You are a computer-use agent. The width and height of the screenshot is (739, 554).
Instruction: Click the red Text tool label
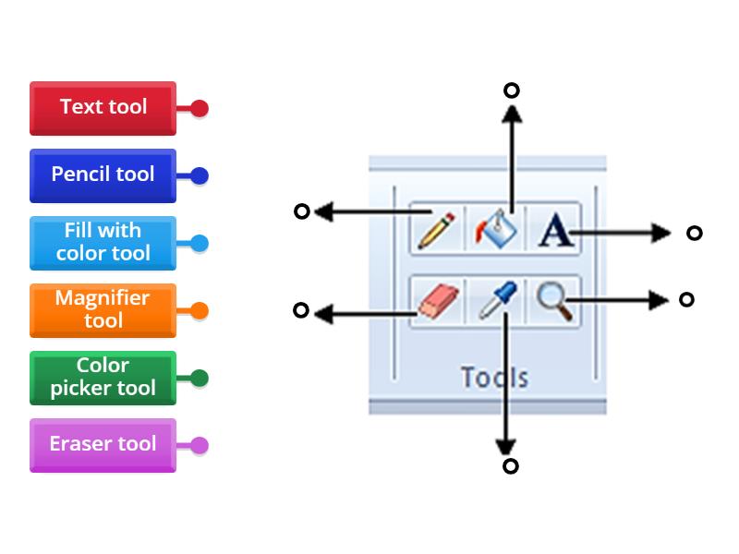[x=103, y=107]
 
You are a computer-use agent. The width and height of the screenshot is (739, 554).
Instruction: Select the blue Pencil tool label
[x=103, y=175]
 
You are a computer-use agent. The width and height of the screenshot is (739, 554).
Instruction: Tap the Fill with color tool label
[x=103, y=242]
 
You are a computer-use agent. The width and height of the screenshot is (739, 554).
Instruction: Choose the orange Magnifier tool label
[x=103, y=309]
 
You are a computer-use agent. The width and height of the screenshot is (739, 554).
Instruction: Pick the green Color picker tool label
[x=103, y=377]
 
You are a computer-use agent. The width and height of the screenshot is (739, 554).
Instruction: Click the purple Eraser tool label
[x=103, y=444]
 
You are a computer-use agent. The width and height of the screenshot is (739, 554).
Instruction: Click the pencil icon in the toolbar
[x=436, y=229]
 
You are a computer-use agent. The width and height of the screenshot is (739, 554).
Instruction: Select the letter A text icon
[x=554, y=229]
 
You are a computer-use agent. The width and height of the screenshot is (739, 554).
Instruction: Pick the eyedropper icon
[x=497, y=301]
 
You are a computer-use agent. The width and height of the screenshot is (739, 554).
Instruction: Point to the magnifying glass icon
[x=554, y=300]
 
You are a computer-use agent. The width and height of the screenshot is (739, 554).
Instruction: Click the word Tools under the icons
[x=494, y=377]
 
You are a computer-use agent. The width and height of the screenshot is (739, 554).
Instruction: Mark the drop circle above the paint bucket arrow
[x=511, y=90]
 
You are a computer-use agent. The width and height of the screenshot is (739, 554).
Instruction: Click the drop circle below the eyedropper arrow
[x=510, y=466]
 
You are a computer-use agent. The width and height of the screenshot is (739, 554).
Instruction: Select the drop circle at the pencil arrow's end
[x=301, y=211]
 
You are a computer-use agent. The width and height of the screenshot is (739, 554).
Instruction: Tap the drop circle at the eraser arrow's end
[x=300, y=310]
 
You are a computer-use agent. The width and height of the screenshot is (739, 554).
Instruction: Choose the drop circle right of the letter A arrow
[x=695, y=233]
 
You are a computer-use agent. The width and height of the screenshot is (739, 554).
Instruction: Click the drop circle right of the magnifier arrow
[x=686, y=299]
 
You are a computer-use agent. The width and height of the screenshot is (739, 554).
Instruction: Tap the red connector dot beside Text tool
[x=200, y=108]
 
